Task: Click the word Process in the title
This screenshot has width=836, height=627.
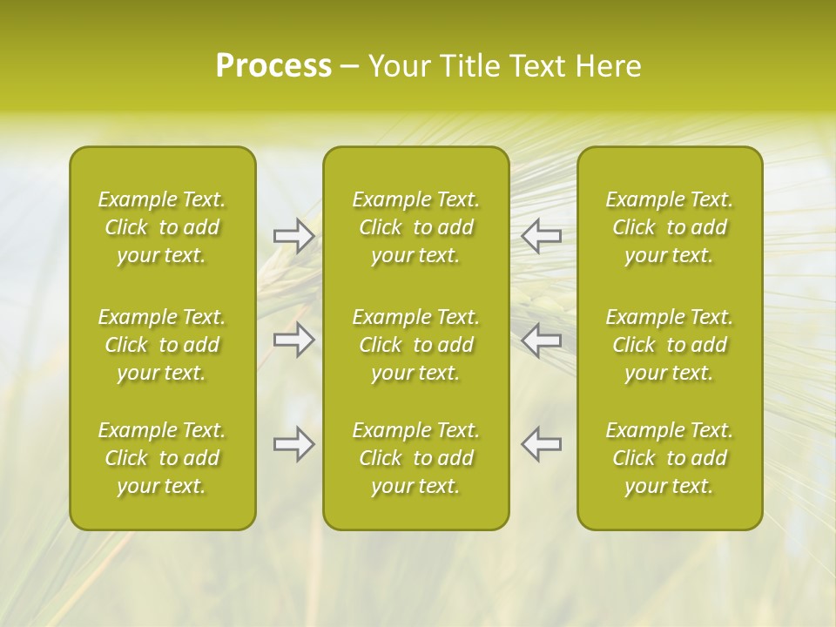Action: click(273, 66)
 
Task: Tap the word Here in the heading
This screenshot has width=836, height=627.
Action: click(607, 66)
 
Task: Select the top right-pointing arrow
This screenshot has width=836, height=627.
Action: click(294, 236)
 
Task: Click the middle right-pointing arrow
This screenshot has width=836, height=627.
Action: click(294, 340)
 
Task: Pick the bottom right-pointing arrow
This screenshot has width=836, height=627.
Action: click(294, 444)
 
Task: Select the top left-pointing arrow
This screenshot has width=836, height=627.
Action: click(541, 236)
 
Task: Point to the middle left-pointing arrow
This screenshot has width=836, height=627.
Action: click(541, 340)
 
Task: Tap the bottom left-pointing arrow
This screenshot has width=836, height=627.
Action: click(541, 444)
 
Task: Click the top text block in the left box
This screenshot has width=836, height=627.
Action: click(162, 227)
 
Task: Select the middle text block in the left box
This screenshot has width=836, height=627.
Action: click(162, 345)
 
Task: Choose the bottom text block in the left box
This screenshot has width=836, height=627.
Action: click(162, 458)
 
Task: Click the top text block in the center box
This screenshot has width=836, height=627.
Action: click(416, 227)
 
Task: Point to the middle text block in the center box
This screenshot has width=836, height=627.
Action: click(416, 345)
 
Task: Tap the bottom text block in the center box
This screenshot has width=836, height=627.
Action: click(416, 458)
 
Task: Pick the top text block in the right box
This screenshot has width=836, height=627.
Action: click(670, 227)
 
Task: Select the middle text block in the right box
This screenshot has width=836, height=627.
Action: click(670, 345)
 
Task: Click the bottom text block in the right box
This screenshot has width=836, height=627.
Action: click(670, 458)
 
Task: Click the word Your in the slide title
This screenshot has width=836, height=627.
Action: click(394, 66)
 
